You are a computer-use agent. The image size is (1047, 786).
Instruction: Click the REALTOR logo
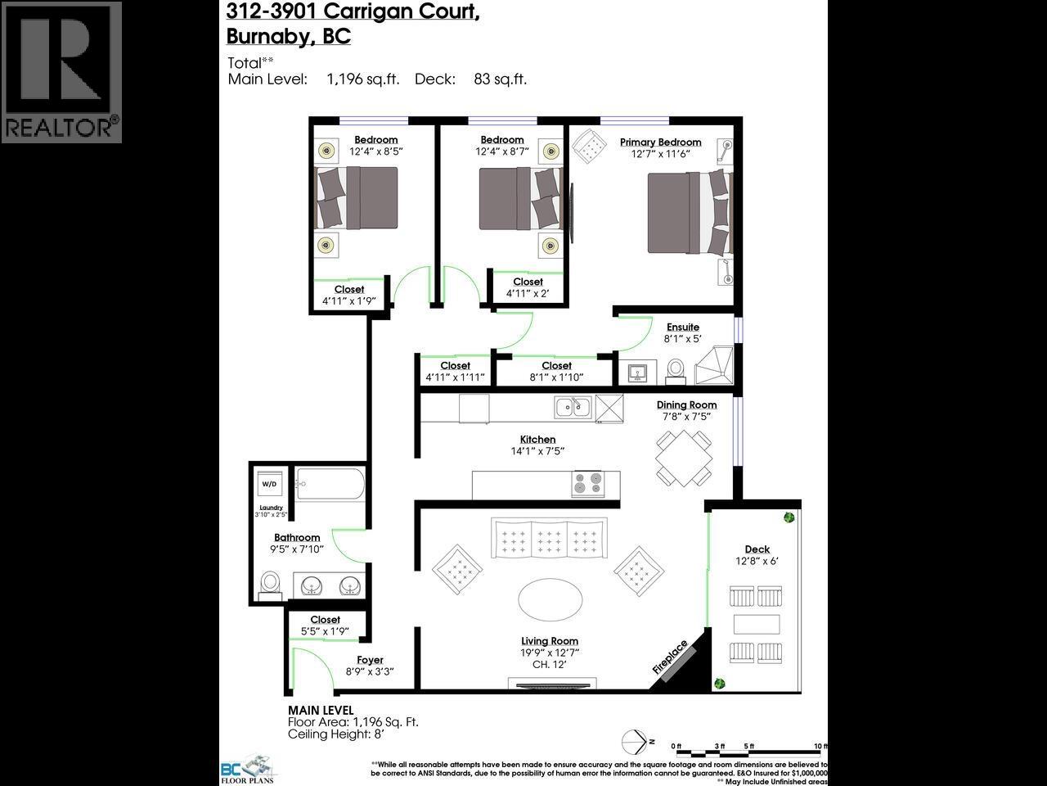(x=61, y=72)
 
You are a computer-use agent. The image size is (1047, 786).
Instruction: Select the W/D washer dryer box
(x=268, y=484)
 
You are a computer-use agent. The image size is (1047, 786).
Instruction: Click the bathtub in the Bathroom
(x=330, y=484)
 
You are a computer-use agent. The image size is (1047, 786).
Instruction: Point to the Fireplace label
(x=670, y=657)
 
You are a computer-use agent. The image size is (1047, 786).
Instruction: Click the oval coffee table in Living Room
(x=550, y=600)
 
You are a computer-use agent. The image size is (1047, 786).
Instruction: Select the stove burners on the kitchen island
(x=586, y=484)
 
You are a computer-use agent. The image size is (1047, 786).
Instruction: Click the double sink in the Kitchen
(x=573, y=406)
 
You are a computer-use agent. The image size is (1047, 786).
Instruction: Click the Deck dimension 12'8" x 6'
(x=757, y=562)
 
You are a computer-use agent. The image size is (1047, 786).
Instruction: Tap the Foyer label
(x=370, y=660)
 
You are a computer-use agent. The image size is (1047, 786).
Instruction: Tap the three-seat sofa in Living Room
(x=549, y=540)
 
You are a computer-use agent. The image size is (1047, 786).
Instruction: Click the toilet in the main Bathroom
(x=271, y=583)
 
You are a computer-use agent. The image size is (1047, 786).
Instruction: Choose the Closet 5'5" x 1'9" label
(x=325, y=620)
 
